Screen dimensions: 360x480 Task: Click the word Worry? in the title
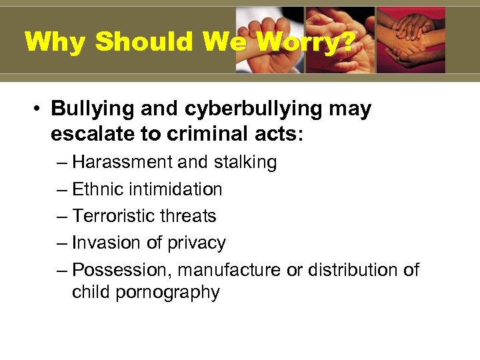click(306, 43)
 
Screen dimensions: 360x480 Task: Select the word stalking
click(242, 162)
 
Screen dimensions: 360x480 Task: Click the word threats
click(192, 216)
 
